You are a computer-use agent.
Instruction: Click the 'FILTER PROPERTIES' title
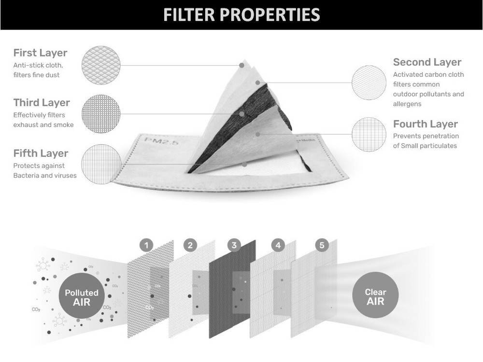pyautogui.click(x=241, y=15)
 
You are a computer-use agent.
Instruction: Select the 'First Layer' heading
pyautogui.click(x=40, y=53)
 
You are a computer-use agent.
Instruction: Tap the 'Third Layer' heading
pyautogui.click(x=42, y=102)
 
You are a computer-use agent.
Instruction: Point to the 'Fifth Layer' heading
pyautogui.click(x=41, y=153)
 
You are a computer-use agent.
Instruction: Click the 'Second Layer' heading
pyautogui.click(x=427, y=62)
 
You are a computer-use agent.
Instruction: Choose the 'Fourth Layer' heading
pyautogui.click(x=426, y=124)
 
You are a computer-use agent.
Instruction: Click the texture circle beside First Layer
pyautogui.click(x=101, y=65)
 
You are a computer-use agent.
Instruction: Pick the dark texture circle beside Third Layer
pyautogui.click(x=101, y=114)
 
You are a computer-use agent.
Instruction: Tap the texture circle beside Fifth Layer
pyautogui.click(x=101, y=165)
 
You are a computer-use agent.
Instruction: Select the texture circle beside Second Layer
pyautogui.click(x=369, y=83)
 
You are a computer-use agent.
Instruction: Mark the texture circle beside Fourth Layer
pyautogui.click(x=369, y=134)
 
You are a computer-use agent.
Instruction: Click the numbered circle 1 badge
pyautogui.click(x=146, y=245)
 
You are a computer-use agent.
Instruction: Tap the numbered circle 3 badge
pyautogui.click(x=234, y=245)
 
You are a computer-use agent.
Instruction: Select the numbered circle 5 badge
pyautogui.click(x=322, y=245)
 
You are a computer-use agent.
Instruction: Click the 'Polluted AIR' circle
pyautogui.click(x=82, y=296)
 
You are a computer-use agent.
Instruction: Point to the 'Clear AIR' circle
pyautogui.click(x=375, y=295)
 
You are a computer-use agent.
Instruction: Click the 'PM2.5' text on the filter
pyautogui.click(x=162, y=142)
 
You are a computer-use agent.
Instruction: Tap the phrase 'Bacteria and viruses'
pyautogui.click(x=45, y=176)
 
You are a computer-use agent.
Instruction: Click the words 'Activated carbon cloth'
pyautogui.click(x=428, y=74)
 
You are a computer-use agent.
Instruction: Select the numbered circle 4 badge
pyautogui.click(x=278, y=245)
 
